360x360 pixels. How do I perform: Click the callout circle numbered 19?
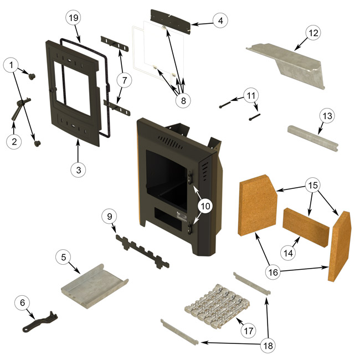pos(74,18)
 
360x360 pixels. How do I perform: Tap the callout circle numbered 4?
pos(220,21)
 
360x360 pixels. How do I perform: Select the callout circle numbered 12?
pos(313,33)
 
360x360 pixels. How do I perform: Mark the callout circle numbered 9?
pos(109,216)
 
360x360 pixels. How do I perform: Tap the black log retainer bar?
pos(141,250)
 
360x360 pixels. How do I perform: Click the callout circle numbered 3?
pos(78,170)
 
